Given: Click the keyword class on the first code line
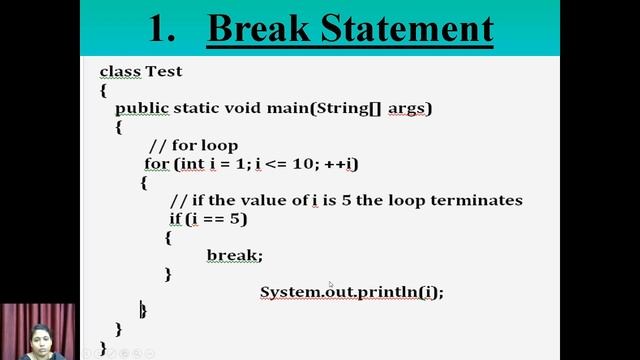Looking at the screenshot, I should pos(120,71).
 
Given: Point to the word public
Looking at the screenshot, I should pos(142,108).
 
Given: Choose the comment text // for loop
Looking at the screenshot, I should pos(192,145).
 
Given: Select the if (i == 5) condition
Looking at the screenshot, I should pos(207,218).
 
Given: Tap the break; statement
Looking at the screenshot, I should pos(234,255).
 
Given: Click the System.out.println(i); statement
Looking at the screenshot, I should pos(351,292).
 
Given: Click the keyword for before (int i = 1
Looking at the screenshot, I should pos(157,163).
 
